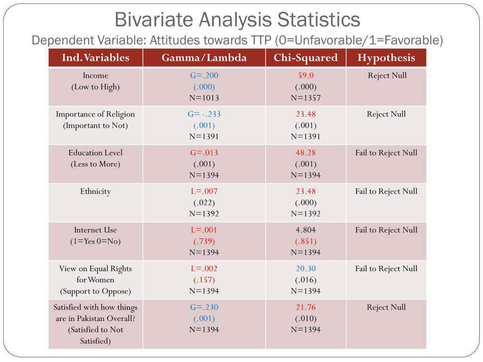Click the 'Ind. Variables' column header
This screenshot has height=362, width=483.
95,58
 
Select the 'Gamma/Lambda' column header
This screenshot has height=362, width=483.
204,58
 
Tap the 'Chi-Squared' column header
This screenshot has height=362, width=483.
306,58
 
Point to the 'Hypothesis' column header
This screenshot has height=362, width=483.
386,58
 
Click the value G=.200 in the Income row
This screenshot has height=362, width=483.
204,75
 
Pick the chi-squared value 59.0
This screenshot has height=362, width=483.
306,75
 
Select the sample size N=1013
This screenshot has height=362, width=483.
204,98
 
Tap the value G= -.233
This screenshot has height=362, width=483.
204,114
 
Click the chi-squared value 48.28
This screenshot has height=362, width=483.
306,153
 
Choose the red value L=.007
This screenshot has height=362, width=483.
204,191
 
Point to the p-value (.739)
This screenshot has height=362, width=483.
204,241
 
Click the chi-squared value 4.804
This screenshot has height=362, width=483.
306,230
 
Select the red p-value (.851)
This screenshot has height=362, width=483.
306,241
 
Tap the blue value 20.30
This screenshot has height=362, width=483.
306,269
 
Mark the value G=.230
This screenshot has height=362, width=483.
204,307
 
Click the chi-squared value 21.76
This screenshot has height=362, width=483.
306,307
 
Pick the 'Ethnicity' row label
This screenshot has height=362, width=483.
95,191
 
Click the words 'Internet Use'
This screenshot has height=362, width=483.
95,230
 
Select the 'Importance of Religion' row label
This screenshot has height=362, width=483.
95,114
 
